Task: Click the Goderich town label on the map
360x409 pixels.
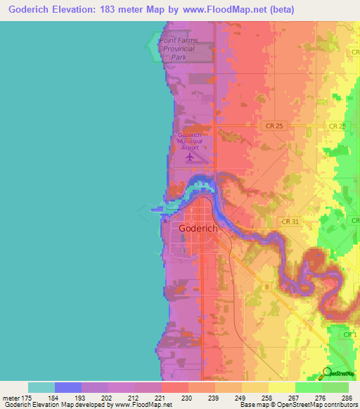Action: (x=198, y=228)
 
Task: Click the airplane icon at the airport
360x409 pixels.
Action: (x=189, y=157)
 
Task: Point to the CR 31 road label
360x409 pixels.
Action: (x=271, y=221)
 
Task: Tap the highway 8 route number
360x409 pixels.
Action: (x=267, y=287)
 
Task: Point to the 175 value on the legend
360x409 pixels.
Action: (x=28, y=398)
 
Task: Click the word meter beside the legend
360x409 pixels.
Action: (x=11, y=398)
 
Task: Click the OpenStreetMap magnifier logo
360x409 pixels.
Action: (x=328, y=374)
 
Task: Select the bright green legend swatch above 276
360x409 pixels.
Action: (x=308, y=387)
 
